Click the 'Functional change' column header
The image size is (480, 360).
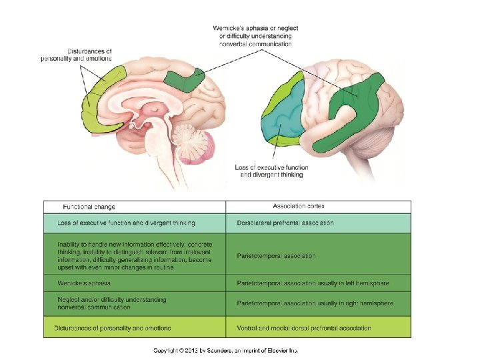pyautogui.click(x=92, y=207)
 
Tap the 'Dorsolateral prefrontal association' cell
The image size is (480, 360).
pyautogui.click(x=285, y=223)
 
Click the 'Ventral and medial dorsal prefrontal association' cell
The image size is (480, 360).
pyautogui.click(x=304, y=328)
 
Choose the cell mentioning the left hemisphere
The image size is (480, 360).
pyautogui.click(x=313, y=283)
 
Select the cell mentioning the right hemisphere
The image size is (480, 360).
pyautogui.click(x=315, y=303)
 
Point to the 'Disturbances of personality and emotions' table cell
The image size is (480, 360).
pyautogui.click(x=114, y=328)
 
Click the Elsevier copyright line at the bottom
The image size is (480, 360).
pyautogui.click(x=226, y=350)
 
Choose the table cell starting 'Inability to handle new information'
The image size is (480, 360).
pyautogui.click(x=134, y=255)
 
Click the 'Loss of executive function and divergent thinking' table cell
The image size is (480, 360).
pyautogui.click(x=126, y=223)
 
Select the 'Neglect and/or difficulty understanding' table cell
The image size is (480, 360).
pyautogui.click(x=111, y=303)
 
